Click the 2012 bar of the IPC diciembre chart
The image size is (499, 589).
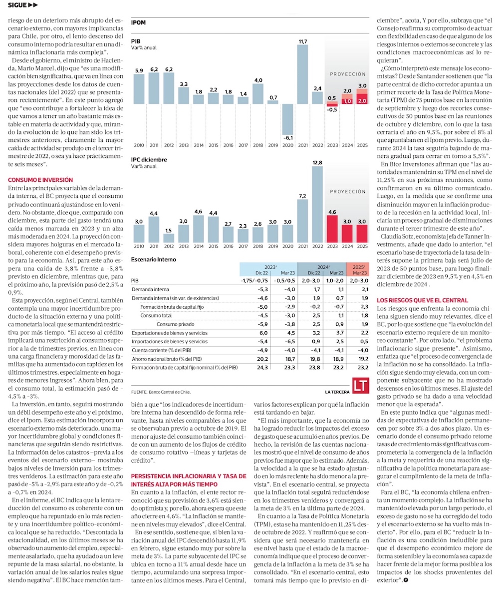169,238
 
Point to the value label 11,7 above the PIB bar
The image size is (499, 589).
302,41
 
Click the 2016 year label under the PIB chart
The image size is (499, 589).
228,145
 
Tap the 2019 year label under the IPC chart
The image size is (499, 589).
272,247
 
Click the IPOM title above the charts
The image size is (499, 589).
138,22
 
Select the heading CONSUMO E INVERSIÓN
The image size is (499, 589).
40,179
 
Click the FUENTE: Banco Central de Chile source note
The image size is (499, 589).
161,392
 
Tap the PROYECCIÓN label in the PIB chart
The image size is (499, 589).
348,74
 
